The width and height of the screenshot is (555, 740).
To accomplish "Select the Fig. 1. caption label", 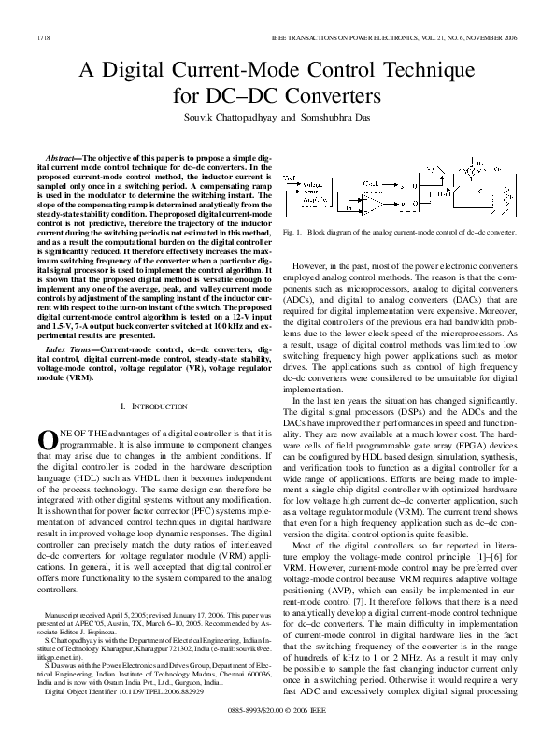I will [292, 229].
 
